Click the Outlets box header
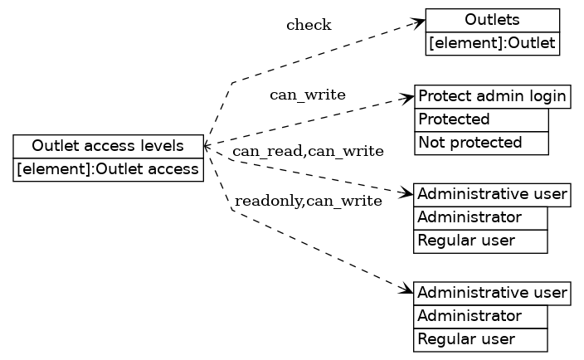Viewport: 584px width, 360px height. [x=492, y=20]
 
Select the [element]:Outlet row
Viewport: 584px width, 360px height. [x=492, y=43]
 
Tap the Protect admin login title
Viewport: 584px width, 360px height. [x=492, y=96]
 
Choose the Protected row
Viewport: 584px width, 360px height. [x=481, y=119]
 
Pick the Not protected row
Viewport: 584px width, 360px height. [x=481, y=143]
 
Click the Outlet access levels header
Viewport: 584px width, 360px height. [x=108, y=146]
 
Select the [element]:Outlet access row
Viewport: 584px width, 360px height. [x=108, y=170]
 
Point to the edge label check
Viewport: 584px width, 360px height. [x=309, y=25]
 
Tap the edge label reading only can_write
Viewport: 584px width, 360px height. [x=308, y=95]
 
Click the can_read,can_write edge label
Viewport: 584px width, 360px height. [x=308, y=151]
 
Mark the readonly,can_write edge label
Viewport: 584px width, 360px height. [x=308, y=201]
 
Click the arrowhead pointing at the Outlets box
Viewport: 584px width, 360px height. [x=420, y=22]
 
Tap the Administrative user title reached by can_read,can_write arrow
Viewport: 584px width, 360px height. [x=492, y=195]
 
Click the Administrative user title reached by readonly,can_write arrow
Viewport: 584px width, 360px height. [x=492, y=293]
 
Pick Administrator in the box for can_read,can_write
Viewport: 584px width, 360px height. [x=480, y=218]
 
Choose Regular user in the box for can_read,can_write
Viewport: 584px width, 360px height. [x=480, y=241]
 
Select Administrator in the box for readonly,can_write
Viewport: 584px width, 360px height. [x=480, y=316]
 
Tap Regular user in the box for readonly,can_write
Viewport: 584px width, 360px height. [x=480, y=339]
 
